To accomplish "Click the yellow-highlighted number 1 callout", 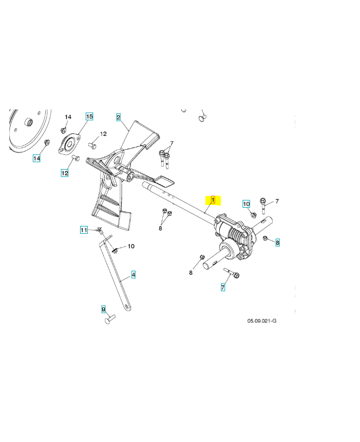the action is (x=213, y=200).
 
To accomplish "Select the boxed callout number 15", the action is (x=89, y=117).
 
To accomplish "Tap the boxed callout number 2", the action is (x=118, y=117).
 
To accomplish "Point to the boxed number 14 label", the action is (x=36, y=158).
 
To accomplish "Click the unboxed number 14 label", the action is (x=68, y=117).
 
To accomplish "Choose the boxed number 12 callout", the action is (x=65, y=173).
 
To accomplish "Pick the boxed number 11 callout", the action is (x=84, y=230).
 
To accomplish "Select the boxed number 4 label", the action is (x=134, y=274).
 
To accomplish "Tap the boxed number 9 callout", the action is (x=103, y=309).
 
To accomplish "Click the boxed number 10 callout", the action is (x=246, y=204).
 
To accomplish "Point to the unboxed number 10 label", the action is (x=131, y=246).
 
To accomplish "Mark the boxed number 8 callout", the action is (x=278, y=243).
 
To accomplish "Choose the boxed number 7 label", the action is (x=223, y=287).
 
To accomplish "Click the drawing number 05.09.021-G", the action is (x=262, y=321).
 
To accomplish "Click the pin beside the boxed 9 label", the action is (x=110, y=319).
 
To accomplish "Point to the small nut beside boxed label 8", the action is (x=265, y=239).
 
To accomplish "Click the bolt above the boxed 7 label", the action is (x=232, y=273).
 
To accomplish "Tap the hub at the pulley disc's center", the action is (x=28, y=122).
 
